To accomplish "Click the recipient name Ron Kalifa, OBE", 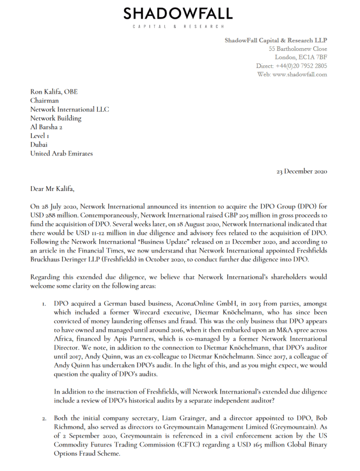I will point(54,92).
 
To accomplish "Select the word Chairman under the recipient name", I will point(45,101).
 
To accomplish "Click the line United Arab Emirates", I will point(61,153).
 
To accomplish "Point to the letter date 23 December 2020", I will point(302,171).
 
